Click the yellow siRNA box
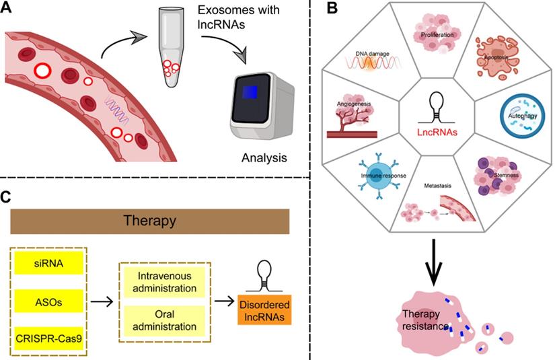click(x=48, y=262)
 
